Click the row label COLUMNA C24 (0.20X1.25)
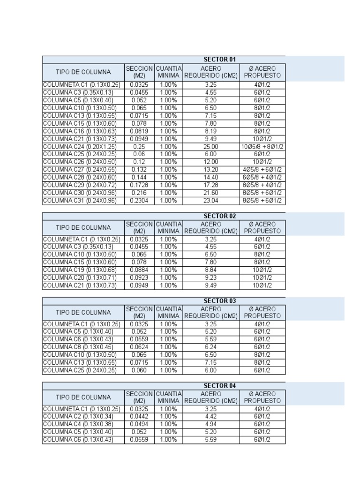(x=80, y=147)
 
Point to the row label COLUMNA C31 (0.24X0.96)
(x=80, y=201)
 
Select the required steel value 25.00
(x=211, y=147)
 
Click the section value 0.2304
(x=139, y=201)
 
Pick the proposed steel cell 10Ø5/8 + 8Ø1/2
(x=262, y=147)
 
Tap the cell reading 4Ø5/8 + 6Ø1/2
(x=262, y=170)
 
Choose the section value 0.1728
(x=139, y=185)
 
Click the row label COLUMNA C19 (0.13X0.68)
(x=80, y=270)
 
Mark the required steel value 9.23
(x=211, y=277)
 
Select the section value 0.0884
(x=139, y=270)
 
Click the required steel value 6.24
(x=211, y=347)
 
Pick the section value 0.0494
(x=139, y=424)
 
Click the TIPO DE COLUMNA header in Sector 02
(x=83, y=228)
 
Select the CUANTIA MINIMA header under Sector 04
(x=168, y=397)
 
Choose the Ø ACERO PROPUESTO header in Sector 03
(x=262, y=313)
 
